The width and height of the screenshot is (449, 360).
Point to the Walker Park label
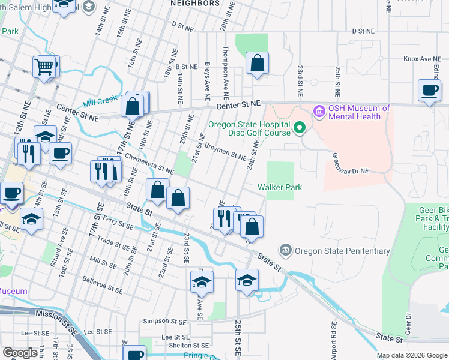[280, 187]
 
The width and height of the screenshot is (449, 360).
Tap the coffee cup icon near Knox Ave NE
[429, 91]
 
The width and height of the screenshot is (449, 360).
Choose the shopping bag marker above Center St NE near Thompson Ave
[257, 63]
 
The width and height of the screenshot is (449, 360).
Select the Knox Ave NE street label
[418, 59]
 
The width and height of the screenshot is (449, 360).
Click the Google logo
[20, 353]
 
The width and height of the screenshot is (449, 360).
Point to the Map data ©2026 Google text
[412, 355]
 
